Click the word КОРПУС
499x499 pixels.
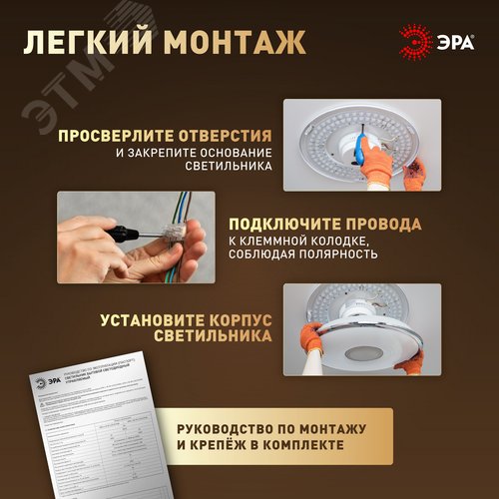pos(236,320)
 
